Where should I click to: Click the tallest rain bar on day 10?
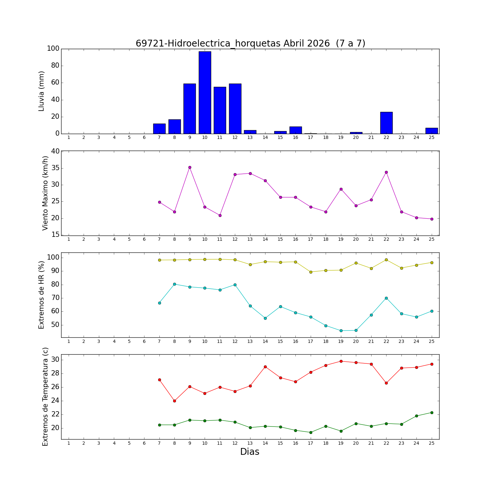point(205,92)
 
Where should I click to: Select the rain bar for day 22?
point(386,123)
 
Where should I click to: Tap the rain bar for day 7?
point(159,129)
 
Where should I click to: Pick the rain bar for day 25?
point(431,131)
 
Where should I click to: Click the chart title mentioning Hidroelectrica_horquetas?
point(250,43)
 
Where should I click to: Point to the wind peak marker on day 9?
point(190,168)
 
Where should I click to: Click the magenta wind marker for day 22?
point(386,172)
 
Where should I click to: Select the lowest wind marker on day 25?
point(432,219)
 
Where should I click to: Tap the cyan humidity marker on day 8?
point(174,284)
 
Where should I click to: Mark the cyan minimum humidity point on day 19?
point(341,331)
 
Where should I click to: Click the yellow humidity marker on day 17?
point(311,272)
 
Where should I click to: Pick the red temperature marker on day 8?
point(174,401)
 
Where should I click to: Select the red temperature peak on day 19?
point(341,361)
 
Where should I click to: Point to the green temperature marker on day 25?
point(432,413)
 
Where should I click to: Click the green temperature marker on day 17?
point(311,432)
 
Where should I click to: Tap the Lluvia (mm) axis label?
point(41,91)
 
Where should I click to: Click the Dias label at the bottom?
point(250,452)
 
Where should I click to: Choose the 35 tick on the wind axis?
point(55,168)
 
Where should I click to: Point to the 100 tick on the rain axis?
point(53,49)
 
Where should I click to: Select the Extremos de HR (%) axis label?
point(41,295)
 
